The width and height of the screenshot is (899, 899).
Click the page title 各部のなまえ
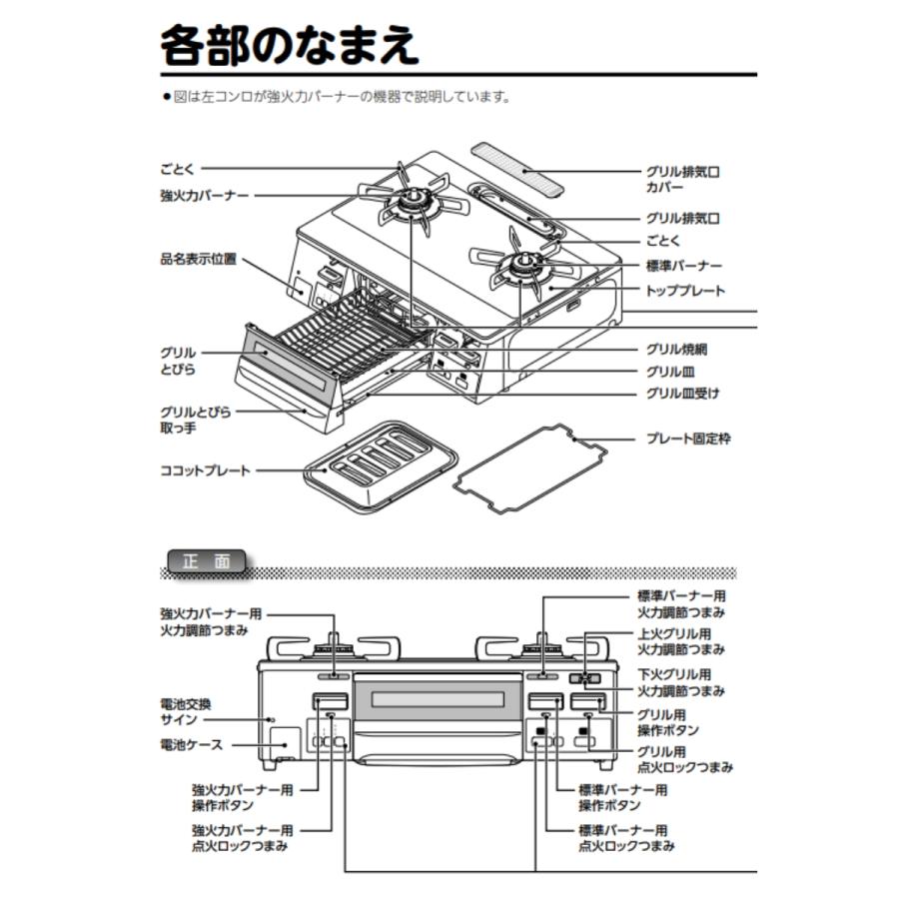point(290,45)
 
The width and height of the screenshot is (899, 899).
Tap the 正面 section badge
point(207,561)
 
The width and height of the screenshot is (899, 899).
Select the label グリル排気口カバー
point(683,180)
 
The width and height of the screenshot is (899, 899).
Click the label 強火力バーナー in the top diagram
point(205,196)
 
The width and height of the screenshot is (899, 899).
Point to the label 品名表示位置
point(199,259)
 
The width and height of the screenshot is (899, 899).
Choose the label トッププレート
point(685,291)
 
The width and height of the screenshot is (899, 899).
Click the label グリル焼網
point(676,350)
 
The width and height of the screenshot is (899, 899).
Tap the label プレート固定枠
point(688,439)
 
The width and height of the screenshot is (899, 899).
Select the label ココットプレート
point(205,470)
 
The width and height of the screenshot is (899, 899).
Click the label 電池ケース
point(191,745)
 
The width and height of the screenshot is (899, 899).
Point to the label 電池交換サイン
point(186,711)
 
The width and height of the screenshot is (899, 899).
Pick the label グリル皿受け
point(682,394)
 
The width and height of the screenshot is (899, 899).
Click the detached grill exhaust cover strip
point(517,170)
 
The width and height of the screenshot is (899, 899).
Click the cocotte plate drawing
point(381,467)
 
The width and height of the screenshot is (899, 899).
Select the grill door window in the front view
point(438,699)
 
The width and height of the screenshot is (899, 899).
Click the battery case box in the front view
point(285,744)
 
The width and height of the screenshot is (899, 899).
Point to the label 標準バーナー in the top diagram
point(684,266)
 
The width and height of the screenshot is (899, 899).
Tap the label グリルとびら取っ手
point(196,420)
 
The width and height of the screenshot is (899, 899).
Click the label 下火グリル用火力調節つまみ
point(681,683)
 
